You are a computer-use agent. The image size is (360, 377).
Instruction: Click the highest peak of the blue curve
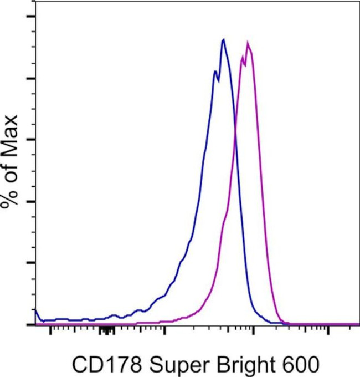223,39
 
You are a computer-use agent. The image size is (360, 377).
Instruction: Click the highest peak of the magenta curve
248,43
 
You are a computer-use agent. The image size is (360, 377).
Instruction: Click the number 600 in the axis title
301,365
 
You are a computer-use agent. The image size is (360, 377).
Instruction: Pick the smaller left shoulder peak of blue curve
214,72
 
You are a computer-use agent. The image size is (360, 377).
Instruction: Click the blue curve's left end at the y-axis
36,309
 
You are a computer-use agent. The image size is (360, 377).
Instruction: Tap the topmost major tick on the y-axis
31,16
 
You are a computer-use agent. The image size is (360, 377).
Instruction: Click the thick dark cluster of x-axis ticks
107,331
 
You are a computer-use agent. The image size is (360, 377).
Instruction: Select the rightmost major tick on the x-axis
328,331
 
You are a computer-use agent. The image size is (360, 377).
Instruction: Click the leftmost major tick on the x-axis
51,331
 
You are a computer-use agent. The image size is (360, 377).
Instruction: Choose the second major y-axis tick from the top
31,78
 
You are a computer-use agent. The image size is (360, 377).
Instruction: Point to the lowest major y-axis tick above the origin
31,263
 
